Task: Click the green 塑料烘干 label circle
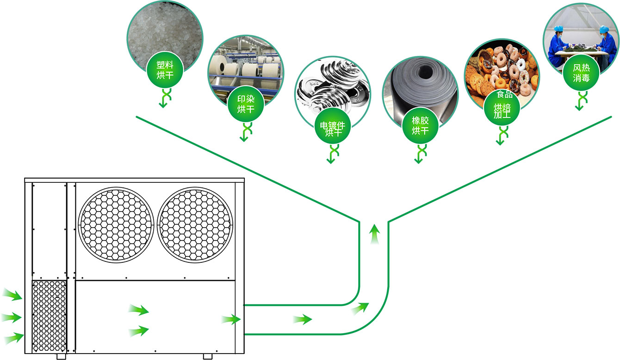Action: [x=165, y=70]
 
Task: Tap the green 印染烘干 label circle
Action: [x=246, y=104]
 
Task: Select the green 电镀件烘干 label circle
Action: [x=333, y=126]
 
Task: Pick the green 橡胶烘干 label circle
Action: [x=420, y=125]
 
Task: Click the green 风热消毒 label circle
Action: [x=581, y=73]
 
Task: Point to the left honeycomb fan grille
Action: [x=116, y=223]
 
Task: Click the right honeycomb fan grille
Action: [x=195, y=223]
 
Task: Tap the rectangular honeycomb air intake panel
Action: [x=49, y=315]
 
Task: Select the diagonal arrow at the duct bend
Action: [x=360, y=308]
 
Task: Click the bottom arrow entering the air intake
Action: [x=14, y=337]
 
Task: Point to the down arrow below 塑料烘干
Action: [x=163, y=99]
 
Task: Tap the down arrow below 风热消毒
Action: [x=579, y=101]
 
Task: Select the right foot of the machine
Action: [x=207, y=357]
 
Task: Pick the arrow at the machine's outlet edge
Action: [x=231, y=319]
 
